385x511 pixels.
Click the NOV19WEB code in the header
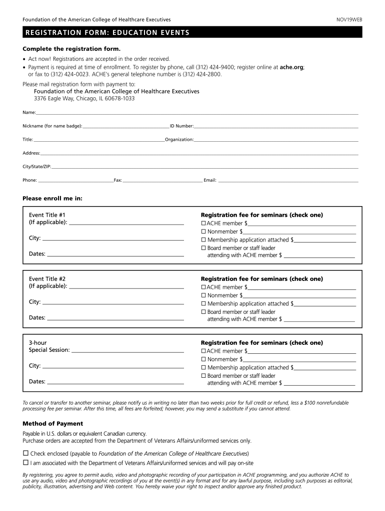click(349, 19)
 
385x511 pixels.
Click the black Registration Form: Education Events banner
click(192, 33)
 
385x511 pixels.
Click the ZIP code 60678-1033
click(119, 99)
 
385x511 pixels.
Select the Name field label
click(29, 113)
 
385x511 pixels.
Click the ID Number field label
click(181, 126)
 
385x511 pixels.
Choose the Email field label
click(210, 180)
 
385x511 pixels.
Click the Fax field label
click(118, 180)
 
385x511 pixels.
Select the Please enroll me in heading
click(52, 198)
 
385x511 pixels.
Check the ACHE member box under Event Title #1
click(203, 223)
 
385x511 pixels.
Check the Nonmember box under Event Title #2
click(203, 295)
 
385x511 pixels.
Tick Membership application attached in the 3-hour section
click(203, 368)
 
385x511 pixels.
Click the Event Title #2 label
click(47, 278)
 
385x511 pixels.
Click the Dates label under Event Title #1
click(37, 254)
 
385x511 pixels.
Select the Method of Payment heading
click(52, 424)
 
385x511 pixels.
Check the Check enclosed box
click(25, 453)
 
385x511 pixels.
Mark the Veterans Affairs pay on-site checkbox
click(25, 463)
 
